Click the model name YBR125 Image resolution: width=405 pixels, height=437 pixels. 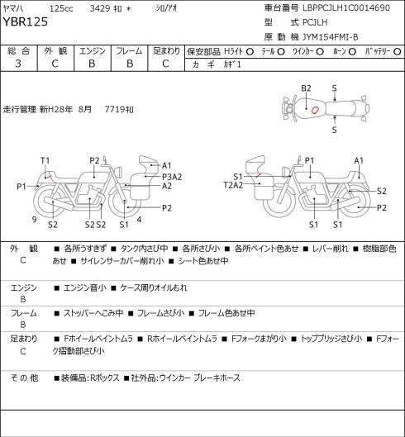(26, 22)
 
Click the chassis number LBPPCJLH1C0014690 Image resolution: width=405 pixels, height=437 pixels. (346, 7)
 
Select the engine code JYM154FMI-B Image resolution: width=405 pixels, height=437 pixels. (331, 37)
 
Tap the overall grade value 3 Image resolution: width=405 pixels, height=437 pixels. (18, 64)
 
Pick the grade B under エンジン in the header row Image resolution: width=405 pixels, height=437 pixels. (92, 64)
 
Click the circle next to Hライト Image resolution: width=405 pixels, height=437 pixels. (250, 51)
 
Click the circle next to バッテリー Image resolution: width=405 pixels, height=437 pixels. (398, 51)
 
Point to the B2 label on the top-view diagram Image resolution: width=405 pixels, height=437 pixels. (306, 88)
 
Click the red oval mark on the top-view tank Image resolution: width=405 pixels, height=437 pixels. (315, 111)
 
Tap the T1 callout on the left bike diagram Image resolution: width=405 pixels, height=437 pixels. (45, 160)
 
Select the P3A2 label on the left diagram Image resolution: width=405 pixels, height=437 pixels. (172, 177)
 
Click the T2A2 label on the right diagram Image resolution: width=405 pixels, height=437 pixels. (233, 185)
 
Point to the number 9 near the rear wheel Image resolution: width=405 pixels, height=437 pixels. (35, 220)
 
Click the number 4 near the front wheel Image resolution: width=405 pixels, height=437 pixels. (139, 220)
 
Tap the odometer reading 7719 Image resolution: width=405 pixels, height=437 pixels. (114, 109)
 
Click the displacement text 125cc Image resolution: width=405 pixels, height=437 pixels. (61, 8)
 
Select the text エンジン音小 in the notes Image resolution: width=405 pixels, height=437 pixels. (85, 287)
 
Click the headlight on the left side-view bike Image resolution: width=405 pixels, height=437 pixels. (119, 171)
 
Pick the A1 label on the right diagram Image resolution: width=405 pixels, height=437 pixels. (359, 160)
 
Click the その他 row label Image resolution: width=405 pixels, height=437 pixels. (24, 378)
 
